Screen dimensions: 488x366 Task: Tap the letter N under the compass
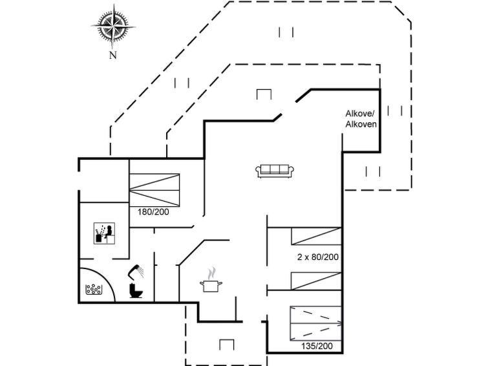pyautogui.click(x=112, y=55)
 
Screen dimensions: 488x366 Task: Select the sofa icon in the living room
pyautogui.click(x=275, y=171)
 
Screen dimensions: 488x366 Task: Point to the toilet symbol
pyautogui.click(x=135, y=290)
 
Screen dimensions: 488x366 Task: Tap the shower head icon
pyautogui.click(x=136, y=271)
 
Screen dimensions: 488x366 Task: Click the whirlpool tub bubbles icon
pyautogui.click(x=93, y=290)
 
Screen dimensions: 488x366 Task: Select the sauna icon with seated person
pyautogui.click(x=104, y=233)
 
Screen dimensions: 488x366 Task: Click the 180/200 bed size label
pyautogui.click(x=153, y=212)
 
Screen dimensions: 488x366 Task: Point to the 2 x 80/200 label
pyautogui.click(x=318, y=257)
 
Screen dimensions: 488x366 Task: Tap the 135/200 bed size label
pyautogui.click(x=317, y=346)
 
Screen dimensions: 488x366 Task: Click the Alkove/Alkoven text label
pyautogui.click(x=361, y=119)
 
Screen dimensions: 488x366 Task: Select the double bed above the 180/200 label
pyautogui.click(x=154, y=190)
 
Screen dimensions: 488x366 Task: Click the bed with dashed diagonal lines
pyautogui.click(x=315, y=323)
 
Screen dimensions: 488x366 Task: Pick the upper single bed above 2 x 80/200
pyautogui.click(x=316, y=236)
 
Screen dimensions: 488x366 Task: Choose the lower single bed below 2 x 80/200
pyautogui.click(x=316, y=281)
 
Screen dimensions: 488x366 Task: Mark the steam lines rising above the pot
pyautogui.click(x=211, y=273)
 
